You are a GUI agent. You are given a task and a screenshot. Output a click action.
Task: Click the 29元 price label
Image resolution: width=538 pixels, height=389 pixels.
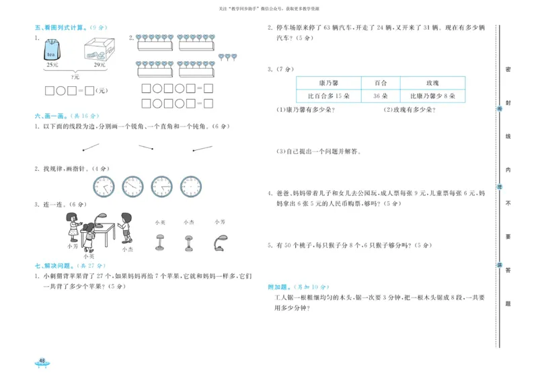pos(99,65)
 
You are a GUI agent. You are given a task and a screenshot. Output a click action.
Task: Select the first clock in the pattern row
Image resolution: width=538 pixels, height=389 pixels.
pos(104,186)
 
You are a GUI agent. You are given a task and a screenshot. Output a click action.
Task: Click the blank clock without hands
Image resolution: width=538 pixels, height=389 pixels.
pos(191,186)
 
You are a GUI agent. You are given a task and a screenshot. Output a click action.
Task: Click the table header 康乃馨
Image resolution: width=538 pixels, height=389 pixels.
pos(328,82)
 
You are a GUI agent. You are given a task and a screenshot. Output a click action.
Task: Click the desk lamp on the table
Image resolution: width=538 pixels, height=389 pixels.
pos(100,219)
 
